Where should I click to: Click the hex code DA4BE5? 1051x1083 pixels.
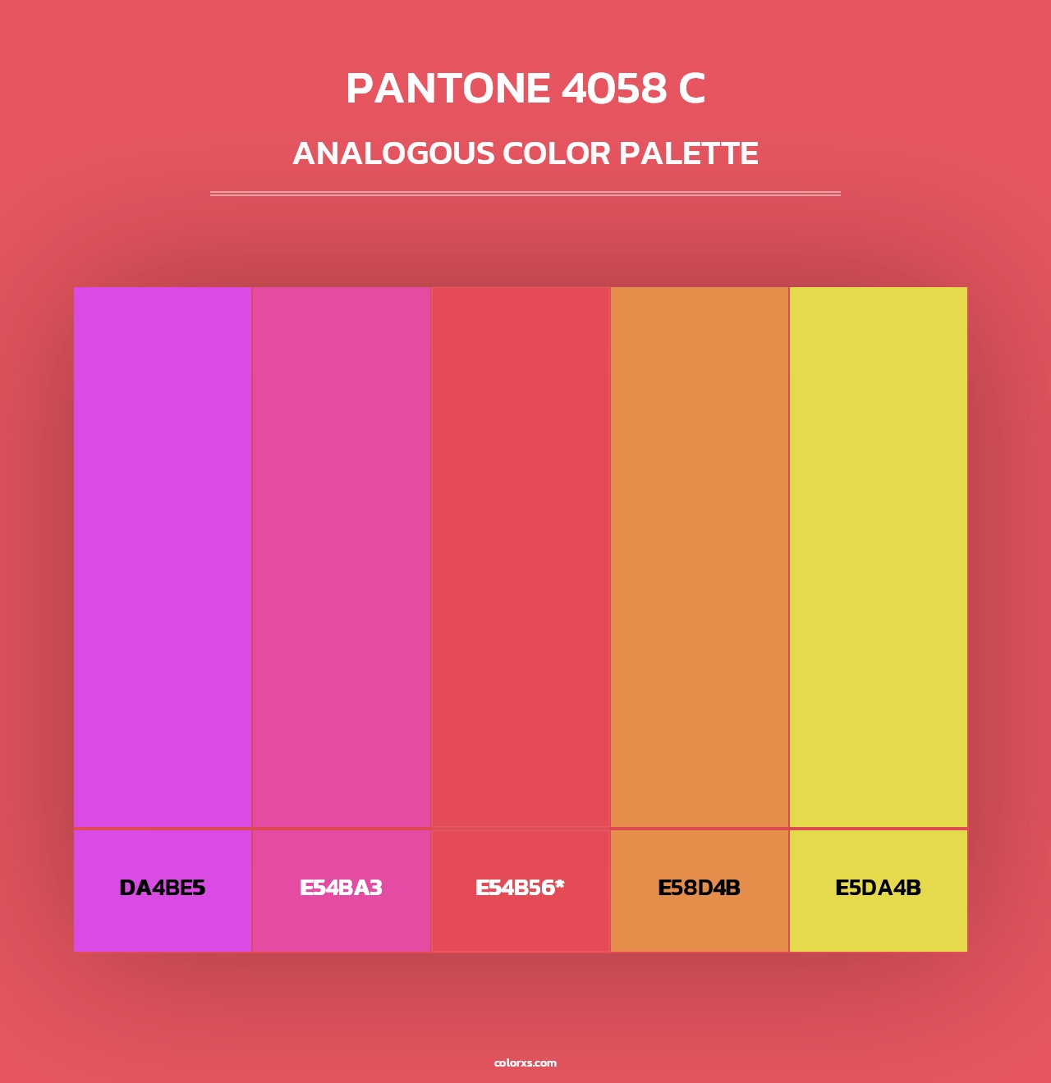click(162, 888)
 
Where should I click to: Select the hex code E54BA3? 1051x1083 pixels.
click(341, 888)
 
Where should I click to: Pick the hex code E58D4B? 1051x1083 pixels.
click(699, 888)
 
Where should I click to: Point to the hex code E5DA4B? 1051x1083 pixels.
click(878, 888)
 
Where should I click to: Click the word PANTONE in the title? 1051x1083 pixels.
click(447, 89)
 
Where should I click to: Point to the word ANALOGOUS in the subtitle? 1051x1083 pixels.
click(393, 153)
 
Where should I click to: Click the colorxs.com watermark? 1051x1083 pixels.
click(525, 1062)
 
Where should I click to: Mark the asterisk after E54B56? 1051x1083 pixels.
click(560, 884)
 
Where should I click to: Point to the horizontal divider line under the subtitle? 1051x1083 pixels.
click(525, 194)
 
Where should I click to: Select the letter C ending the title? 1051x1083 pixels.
click(691, 89)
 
